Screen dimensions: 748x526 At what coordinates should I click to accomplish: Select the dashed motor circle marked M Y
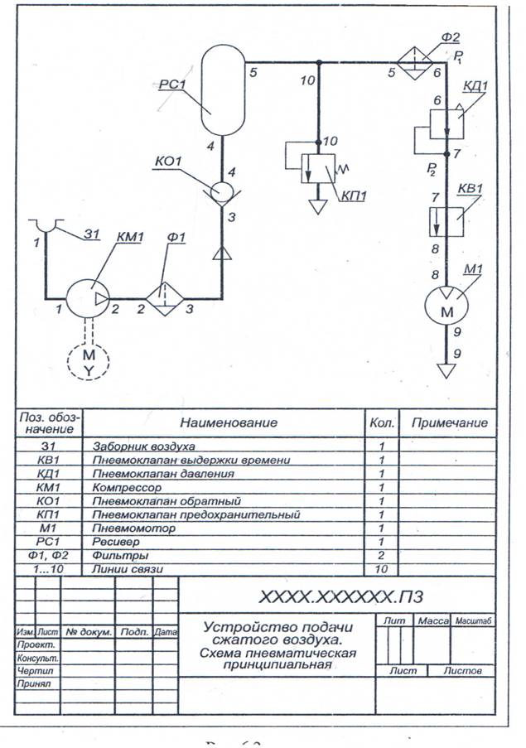point(89,361)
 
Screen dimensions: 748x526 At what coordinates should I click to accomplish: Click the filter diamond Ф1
point(165,297)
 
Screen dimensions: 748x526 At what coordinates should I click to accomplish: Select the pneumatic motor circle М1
point(446,309)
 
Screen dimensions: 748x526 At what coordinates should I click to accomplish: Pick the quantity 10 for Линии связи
point(382,570)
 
